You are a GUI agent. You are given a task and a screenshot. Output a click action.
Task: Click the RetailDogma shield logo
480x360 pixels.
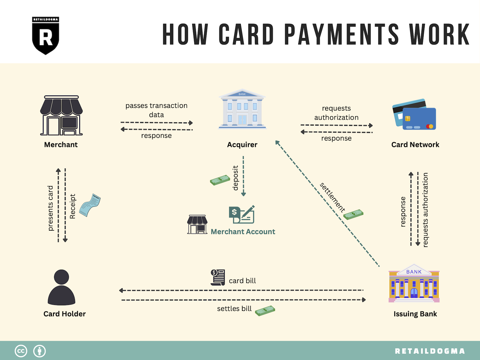click(45, 36)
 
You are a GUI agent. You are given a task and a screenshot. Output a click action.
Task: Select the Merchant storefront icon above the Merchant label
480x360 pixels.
click(61, 115)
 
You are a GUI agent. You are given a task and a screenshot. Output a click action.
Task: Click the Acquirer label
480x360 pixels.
click(242, 145)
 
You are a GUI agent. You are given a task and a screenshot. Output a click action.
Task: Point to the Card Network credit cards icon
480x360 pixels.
click(414, 114)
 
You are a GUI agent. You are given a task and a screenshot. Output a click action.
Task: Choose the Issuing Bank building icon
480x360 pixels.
click(414, 283)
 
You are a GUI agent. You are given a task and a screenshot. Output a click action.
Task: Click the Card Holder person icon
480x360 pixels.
click(61, 287)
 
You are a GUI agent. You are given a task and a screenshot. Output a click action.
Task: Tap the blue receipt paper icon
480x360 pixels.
click(90, 205)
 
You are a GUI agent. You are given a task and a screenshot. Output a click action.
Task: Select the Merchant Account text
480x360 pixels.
click(243, 232)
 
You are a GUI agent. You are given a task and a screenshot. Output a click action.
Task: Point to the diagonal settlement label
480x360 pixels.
click(332, 197)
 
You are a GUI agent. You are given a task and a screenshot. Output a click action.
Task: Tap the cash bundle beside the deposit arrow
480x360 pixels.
click(220, 180)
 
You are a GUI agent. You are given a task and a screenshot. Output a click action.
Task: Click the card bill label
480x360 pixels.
click(242, 281)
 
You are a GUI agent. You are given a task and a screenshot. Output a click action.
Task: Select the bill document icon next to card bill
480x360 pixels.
click(218, 277)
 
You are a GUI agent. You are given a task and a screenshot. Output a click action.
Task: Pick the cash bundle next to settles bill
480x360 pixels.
click(265, 311)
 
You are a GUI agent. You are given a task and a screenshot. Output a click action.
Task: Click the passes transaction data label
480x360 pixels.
click(156, 110)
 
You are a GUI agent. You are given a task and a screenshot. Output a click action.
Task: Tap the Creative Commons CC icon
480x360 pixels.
click(21, 351)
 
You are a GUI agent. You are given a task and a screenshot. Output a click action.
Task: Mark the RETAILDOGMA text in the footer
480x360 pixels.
click(430, 351)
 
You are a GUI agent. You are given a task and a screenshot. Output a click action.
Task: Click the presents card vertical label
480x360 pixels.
click(51, 208)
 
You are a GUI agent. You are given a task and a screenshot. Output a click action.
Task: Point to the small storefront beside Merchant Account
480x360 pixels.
click(197, 225)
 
